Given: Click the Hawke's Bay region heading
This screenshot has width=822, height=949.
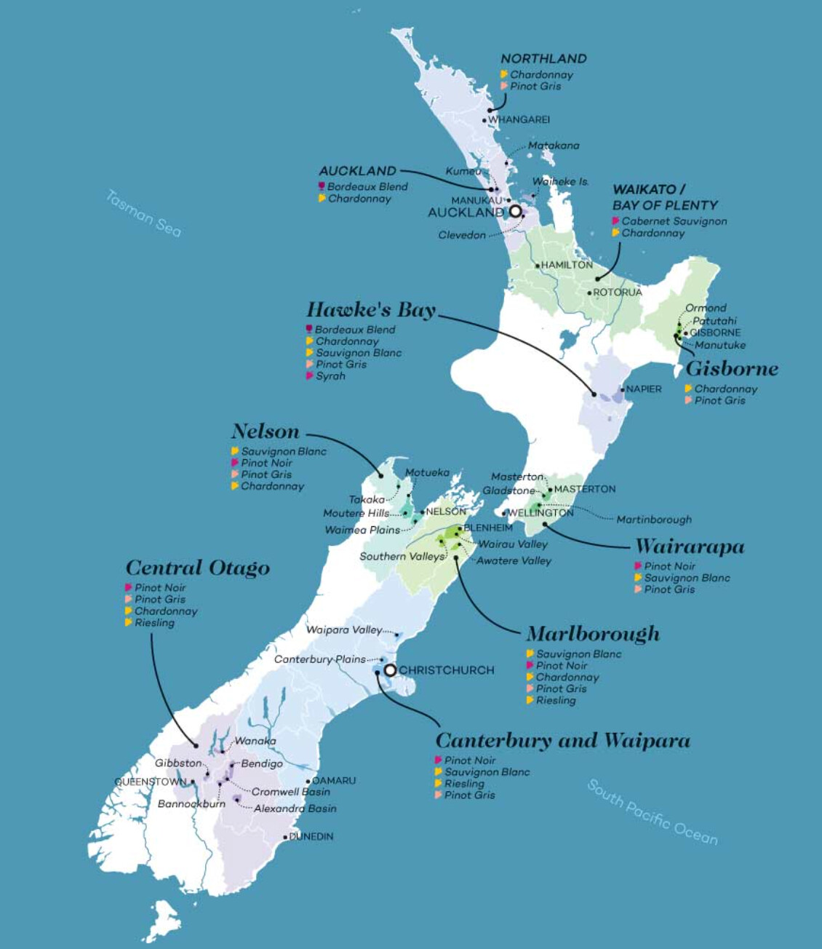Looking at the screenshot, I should (371, 310).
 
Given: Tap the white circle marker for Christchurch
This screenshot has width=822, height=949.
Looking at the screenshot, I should (391, 670).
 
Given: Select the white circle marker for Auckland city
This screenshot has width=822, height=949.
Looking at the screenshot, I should (516, 211).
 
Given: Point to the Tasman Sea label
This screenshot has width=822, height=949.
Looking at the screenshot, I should (143, 213).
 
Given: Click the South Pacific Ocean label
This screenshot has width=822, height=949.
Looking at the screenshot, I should (652, 812).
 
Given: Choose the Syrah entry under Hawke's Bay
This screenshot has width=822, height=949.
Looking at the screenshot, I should (330, 376).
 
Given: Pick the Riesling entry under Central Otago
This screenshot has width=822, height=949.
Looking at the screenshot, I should (154, 623).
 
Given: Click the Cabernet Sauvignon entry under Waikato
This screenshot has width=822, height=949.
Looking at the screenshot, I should (674, 221).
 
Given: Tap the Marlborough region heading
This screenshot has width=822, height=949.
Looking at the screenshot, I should (593, 634).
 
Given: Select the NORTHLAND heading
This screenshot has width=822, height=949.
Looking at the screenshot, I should (543, 59).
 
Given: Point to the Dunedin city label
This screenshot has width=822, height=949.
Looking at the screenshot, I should (311, 837).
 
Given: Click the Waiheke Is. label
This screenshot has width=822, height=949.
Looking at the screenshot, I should (560, 181).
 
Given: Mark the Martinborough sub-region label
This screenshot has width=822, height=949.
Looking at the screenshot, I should (654, 520).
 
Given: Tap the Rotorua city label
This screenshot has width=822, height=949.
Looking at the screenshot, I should (617, 293).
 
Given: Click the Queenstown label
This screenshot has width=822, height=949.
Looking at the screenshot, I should (151, 782).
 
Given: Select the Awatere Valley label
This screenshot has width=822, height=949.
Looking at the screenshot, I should (514, 561).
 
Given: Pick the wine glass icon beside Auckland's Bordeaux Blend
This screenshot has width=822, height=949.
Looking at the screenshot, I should (322, 187).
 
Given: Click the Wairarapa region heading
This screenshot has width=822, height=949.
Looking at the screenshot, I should (690, 547).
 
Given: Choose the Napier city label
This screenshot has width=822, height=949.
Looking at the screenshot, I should (644, 389).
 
